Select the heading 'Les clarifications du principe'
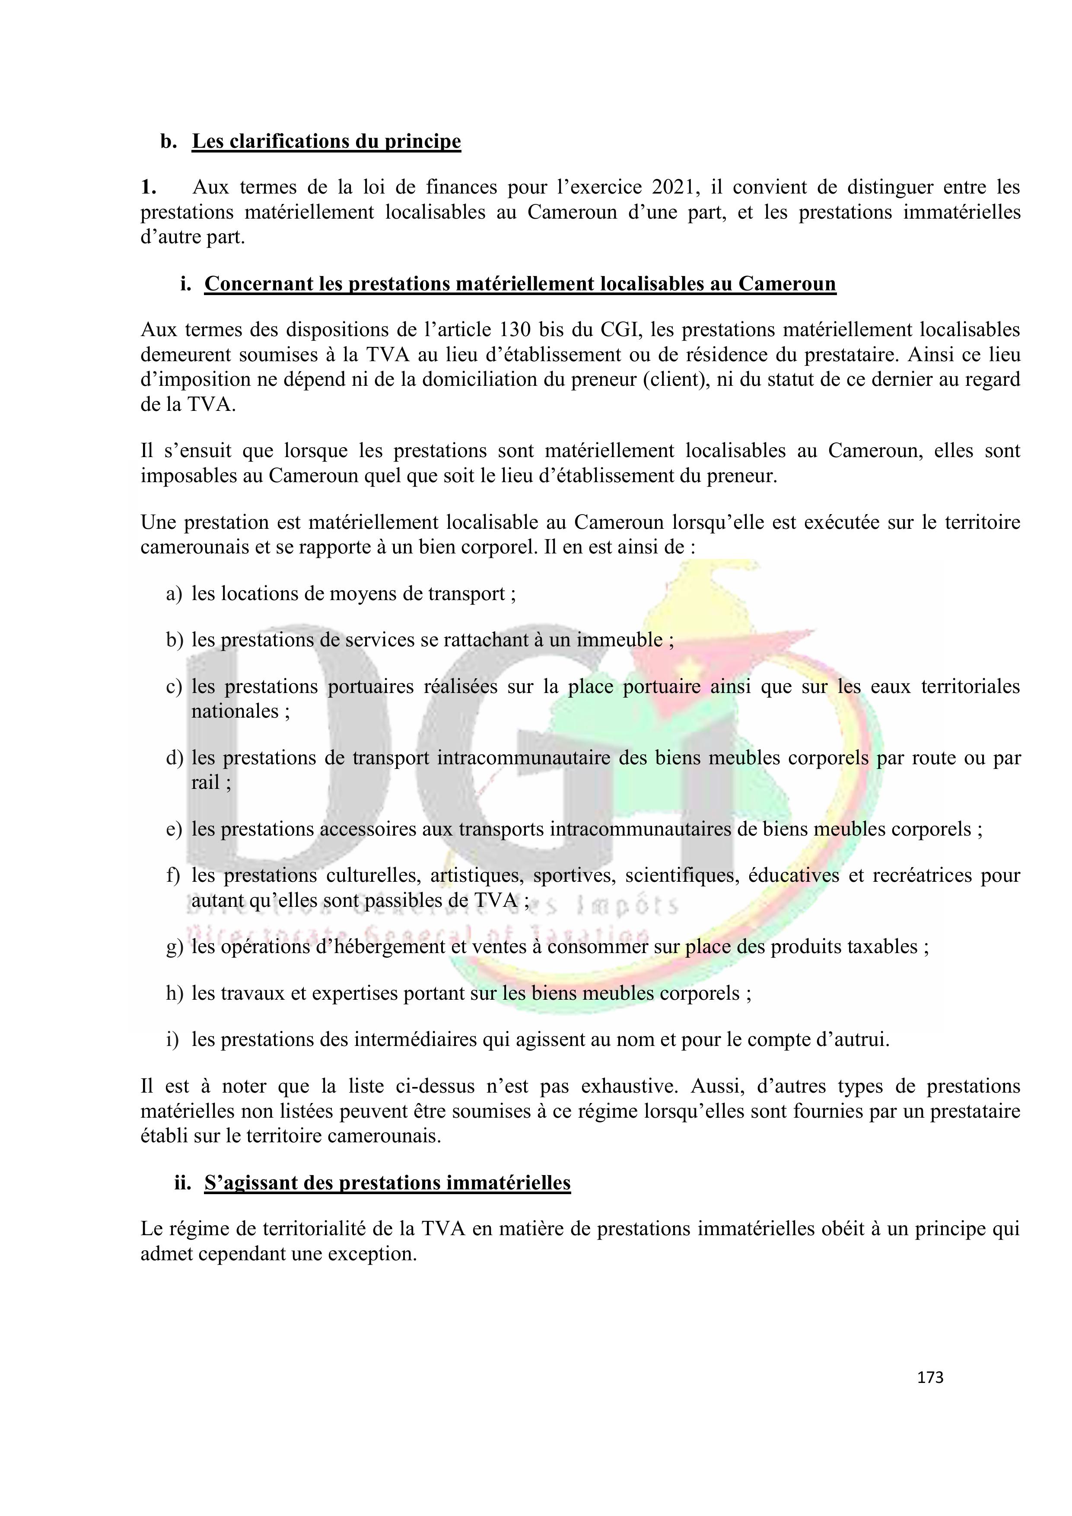pos(326,141)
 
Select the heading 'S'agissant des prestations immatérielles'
pos(387,1182)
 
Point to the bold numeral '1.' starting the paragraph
pos(149,188)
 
